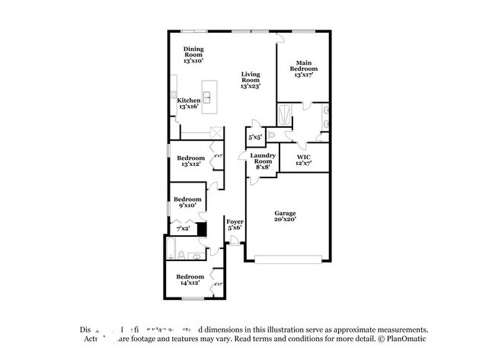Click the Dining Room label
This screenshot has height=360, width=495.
pyautogui.click(x=193, y=54)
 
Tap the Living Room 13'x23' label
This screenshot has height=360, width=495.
pyautogui.click(x=250, y=80)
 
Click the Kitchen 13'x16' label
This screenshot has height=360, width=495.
pyautogui.click(x=189, y=104)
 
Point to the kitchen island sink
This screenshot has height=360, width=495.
pyautogui.click(x=206, y=97)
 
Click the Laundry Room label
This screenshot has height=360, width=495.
pyautogui.click(x=263, y=161)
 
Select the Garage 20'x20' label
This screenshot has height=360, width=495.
pyautogui.click(x=286, y=216)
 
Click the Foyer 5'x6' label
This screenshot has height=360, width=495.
pyautogui.click(x=235, y=225)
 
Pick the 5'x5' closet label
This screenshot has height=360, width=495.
pyautogui.click(x=255, y=138)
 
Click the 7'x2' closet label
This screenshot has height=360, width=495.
pyautogui.click(x=183, y=228)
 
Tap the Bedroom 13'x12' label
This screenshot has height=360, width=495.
pyautogui.click(x=192, y=161)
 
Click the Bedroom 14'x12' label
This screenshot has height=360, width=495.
pyautogui.click(x=190, y=279)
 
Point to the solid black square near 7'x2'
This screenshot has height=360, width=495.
pyautogui.click(x=202, y=228)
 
